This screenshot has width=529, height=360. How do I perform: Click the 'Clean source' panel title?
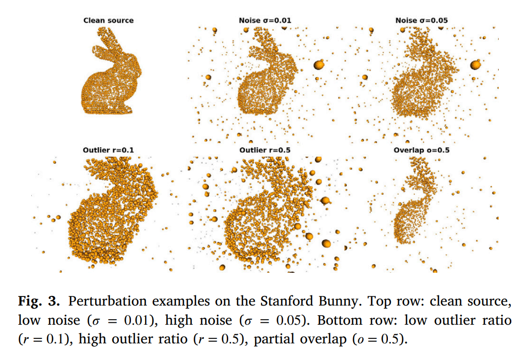(x=108, y=20)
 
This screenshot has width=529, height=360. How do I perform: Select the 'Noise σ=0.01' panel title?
(x=265, y=20)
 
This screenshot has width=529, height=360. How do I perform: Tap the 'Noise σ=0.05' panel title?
(x=421, y=20)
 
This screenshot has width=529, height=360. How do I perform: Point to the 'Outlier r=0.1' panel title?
(x=108, y=150)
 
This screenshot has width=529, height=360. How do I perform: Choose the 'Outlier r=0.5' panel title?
(x=265, y=150)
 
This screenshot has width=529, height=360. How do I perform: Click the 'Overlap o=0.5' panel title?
(x=421, y=150)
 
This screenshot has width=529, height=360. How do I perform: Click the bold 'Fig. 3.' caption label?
(x=39, y=301)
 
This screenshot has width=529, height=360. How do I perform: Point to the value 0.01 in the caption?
(x=137, y=320)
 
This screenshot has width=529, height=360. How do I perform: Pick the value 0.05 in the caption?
(x=289, y=320)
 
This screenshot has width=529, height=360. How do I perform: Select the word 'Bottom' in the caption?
(x=339, y=320)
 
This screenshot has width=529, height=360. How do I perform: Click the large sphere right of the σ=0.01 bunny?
(x=319, y=65)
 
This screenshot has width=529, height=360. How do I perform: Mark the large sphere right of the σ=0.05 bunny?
(x=476, y=65)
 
